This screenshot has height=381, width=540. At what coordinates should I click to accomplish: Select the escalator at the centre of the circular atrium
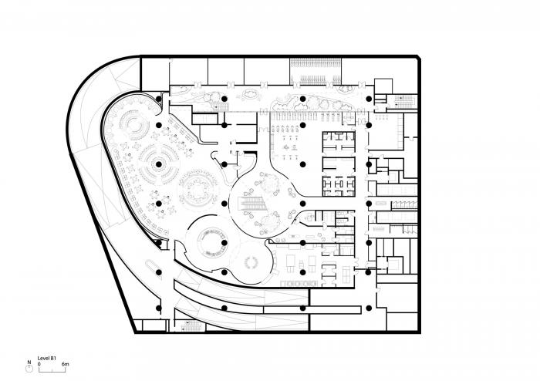[252, 204]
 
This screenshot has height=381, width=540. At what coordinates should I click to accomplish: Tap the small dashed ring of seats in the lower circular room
[251, 262]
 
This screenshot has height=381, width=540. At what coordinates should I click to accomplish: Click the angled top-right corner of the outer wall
[417, 59]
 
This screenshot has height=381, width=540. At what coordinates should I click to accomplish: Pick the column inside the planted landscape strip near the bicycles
[302, 98]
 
